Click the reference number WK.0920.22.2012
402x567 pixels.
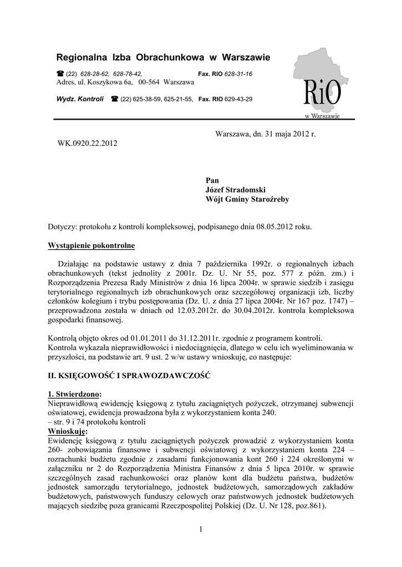pos(88,143)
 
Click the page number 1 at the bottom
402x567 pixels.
pos(201,530)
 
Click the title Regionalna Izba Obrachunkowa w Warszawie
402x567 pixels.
pos(163,57)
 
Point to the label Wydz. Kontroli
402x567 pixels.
pos(80,99)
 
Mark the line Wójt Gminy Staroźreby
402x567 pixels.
pos(247,199)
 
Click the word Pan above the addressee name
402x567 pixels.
pos(212,180)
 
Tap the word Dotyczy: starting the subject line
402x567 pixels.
pos(63,226)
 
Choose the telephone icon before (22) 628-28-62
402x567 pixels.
pos(60,74)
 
